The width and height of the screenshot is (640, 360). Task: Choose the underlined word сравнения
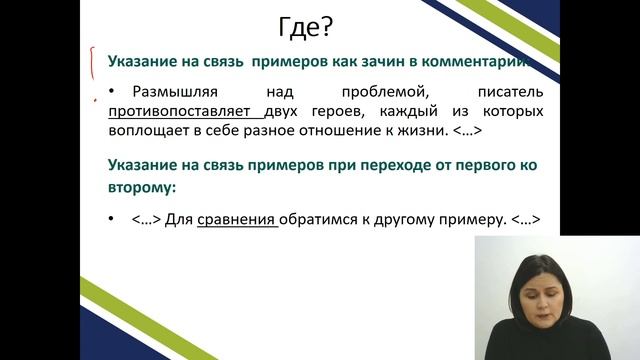click(x=237, y=219)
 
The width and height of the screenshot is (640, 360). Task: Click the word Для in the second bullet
click(x=180, y=219)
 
